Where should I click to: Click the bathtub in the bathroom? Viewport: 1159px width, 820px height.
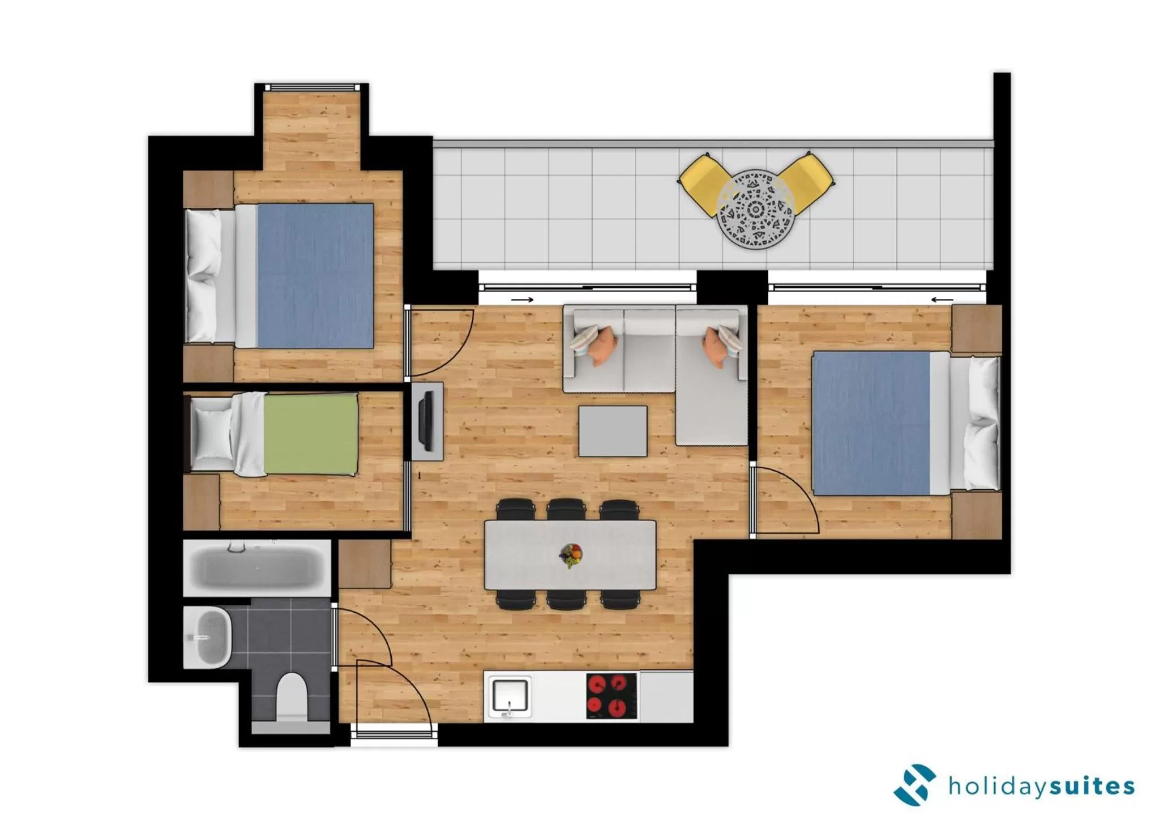click(257, 568)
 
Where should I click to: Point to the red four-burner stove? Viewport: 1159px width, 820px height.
click(611, 695)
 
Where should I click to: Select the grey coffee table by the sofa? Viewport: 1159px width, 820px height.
click(613, 431)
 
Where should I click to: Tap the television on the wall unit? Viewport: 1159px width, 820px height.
click(426, 422)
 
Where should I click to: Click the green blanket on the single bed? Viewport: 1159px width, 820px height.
click(311, 434)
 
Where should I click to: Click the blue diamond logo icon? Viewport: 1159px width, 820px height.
click(914, 785)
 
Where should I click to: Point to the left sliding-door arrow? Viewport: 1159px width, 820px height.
click(522, 300)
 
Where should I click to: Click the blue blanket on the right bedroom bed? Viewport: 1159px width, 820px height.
click(871, 422)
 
